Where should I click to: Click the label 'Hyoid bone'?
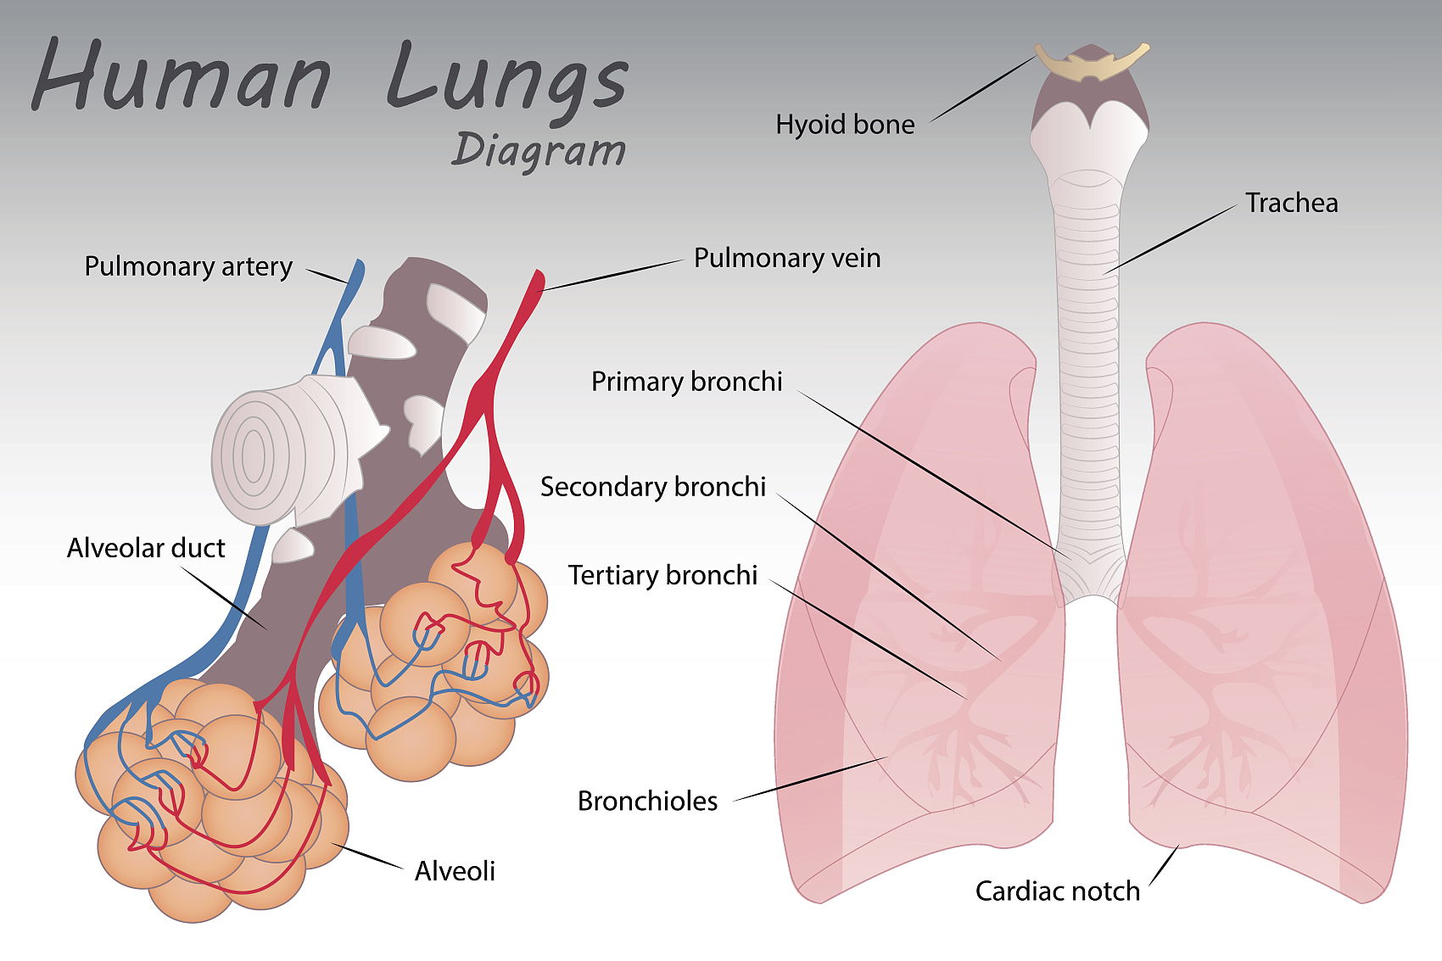click(x=845, y=124)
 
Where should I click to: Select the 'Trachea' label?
click(x=1291, y=203)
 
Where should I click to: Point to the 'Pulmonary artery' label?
click(x=188, y=266)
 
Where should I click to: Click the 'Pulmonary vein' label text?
click(x=786, y=258)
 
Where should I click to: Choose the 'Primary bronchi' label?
click(x=686, y=382)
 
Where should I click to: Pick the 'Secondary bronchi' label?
click(x=653, y=487)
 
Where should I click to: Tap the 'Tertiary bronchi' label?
click(x=662, y=575)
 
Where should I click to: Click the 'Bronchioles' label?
click(x=647, y=801)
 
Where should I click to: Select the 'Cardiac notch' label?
click(x=1057, y=891)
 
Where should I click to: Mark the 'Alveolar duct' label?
click(x=146, y=548)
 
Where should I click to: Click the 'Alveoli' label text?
click(x=455, y=871)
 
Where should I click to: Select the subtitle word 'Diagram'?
click(x=538, y=151)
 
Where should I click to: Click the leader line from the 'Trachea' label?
click(x=1171, y=239)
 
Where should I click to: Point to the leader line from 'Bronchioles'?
click(x=810, y=779)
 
